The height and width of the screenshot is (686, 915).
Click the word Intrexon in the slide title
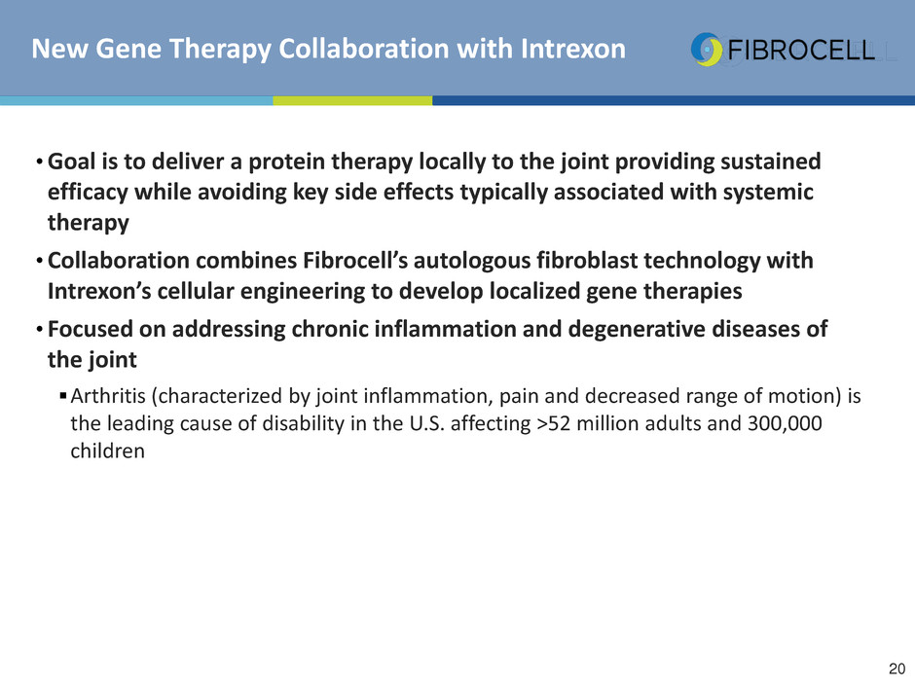(573, 49)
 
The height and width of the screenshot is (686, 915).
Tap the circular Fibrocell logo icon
(707, 50)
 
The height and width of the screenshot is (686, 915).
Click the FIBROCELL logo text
(801, 51)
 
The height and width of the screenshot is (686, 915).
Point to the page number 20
(897, 668)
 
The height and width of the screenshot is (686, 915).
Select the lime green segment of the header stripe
(352, 100)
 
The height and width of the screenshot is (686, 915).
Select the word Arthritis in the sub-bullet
(108, 396)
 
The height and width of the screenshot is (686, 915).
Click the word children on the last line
(107, 451)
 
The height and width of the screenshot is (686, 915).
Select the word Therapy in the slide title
(222, 50)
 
